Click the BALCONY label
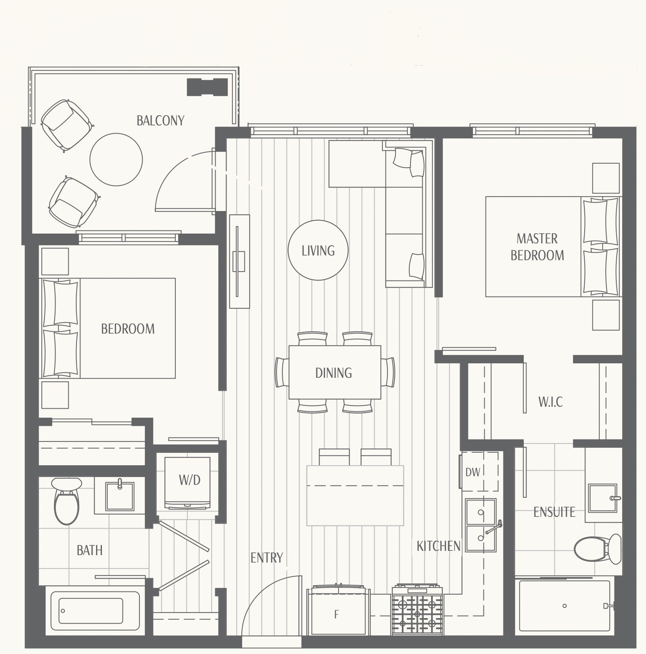tap(160, 120)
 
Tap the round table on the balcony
tap(116, 159)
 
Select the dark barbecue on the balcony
tap(207, 87)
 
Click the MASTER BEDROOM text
tap(537, 247)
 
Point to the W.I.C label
tap(551, 402)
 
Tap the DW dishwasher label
tap(473, 472)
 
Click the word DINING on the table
tap(334, 373)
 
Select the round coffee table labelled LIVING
tap(318, 250)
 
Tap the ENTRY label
tap(267, 558)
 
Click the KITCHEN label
tap(439, 546)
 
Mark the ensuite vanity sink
tap(603, 498)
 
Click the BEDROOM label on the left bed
tap(128, 329)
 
